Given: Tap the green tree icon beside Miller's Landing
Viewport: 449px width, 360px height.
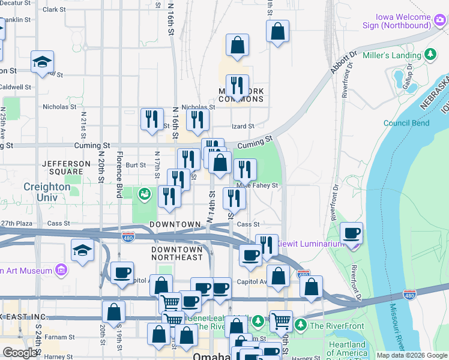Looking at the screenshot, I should click(x=430, y=55).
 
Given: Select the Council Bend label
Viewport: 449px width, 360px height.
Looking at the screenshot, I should click(x=406, y=123).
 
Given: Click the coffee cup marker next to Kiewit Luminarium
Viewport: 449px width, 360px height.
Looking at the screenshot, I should click(x=352, y=233).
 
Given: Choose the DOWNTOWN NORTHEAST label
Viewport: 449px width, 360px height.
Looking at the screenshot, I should click(x=176, y=253).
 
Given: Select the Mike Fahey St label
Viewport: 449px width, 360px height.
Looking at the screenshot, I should click(x=259, y=185).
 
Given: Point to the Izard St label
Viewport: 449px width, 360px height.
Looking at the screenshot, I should click(x=243, y=126).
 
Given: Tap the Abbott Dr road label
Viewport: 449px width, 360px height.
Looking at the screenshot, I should click(x=343, y=62).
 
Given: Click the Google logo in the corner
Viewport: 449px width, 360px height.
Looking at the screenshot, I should click(x=20, y=353).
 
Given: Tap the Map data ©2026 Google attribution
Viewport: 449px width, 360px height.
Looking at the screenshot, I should click(x=412, y=355).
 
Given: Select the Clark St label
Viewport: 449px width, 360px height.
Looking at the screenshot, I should click(x=54, y=10).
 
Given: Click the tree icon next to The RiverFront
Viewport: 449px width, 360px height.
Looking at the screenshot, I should click(x=301, y=326).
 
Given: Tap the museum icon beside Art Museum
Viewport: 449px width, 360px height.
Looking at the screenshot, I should click(x=60, y=271).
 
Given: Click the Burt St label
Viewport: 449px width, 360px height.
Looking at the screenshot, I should click(x=136, y=164).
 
